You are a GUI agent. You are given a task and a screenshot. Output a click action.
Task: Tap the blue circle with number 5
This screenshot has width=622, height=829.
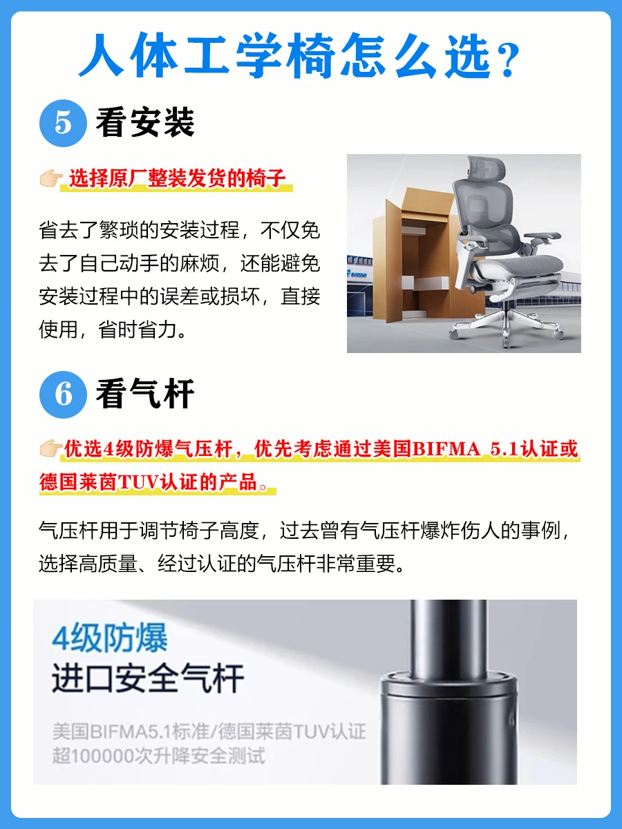63,123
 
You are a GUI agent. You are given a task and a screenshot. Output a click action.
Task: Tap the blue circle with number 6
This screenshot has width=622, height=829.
63,394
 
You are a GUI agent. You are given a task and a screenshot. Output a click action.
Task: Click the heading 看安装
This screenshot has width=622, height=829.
145,122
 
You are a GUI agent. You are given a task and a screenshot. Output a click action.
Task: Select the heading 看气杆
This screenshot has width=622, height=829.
145,394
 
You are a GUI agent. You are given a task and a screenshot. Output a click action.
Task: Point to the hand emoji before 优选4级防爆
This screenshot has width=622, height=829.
51,448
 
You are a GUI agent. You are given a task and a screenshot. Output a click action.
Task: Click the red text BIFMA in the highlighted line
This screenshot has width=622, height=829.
446,449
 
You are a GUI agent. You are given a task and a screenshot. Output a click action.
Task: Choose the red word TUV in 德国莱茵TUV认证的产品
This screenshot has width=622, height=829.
138,482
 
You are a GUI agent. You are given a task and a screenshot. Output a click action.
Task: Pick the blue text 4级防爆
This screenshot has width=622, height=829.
109,638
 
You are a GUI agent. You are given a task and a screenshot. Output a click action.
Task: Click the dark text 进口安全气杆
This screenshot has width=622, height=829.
148,679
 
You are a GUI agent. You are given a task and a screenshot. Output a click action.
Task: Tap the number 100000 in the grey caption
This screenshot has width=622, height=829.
103,756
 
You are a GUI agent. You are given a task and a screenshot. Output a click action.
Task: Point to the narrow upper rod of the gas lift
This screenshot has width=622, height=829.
449,638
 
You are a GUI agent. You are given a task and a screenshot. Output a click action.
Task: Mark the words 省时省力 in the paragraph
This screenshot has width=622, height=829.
138,330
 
